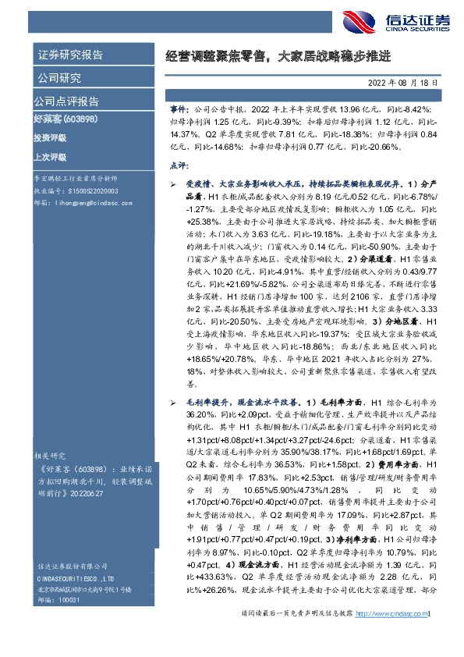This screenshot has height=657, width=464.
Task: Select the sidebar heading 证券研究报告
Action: pos(70,55)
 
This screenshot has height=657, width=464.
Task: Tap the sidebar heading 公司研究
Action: pos(59,78)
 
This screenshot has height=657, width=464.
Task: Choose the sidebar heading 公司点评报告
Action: pos(66,101)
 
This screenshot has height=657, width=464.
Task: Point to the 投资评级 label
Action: pos(50,138)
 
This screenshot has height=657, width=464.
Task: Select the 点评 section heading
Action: pos(179,165)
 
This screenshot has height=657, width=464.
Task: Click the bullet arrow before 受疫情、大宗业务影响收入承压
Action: pos(173,182)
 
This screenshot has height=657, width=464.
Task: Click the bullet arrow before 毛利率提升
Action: pos(173,401)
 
